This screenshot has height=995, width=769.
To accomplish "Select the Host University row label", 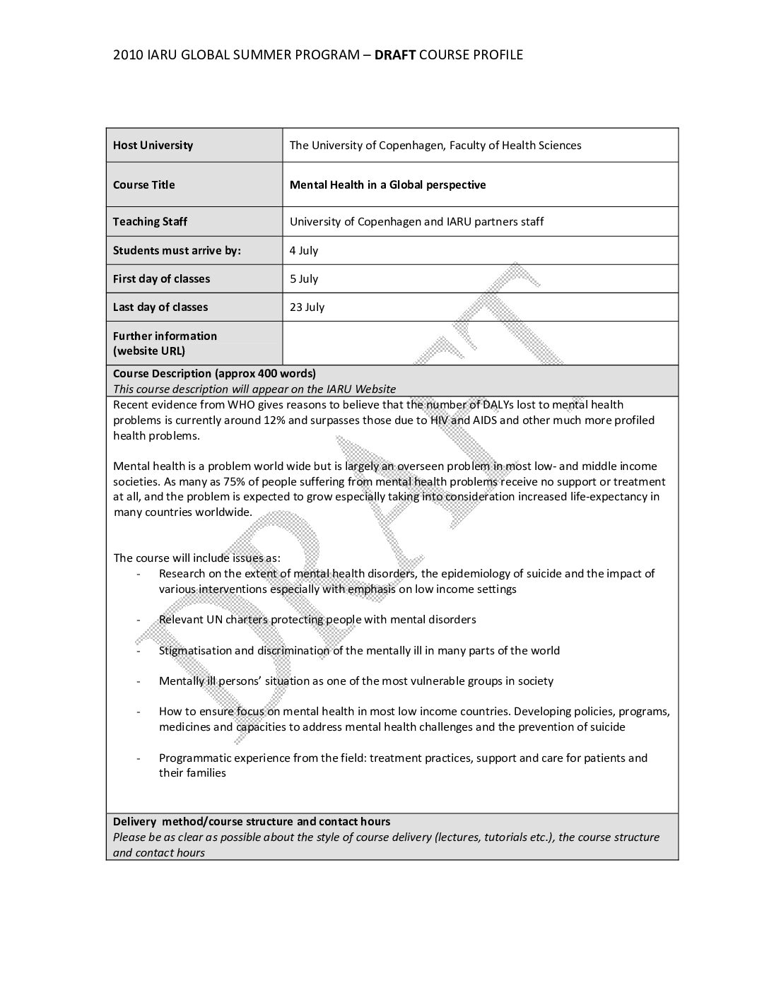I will pyautogui.click(x=153, y=146).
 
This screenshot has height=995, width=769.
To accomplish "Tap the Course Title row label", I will pyautogui.click(x=143, y=185).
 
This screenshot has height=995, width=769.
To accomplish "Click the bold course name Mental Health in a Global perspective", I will pyautogui.click(x=387, y=185).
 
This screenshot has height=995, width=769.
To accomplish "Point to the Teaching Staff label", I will pyautogui.click(x=150, y=222).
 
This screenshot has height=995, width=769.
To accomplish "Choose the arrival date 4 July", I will pyautogui.click(x=304, y=251).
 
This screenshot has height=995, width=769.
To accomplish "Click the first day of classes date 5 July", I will pyautogui.click(x=304, y=279).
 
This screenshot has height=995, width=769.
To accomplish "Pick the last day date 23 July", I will pyautogui.click(x=307, y=307).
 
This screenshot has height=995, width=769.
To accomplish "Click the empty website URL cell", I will pyautogui.click(x=479, y=343).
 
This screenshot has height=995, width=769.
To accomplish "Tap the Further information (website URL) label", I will pyautogui.click(x=165, y=343).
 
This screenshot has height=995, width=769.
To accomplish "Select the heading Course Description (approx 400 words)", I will pyautogui.click(x=214, y=374).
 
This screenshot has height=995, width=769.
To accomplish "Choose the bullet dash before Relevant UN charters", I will pyautogui.click(x=139, y=620).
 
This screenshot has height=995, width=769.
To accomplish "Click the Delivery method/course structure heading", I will pyautogui.click(x=252, y=822).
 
